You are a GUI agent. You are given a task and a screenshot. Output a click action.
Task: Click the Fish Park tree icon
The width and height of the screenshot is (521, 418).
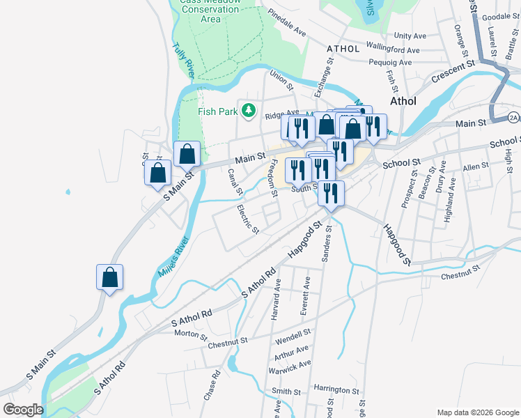pyautogui.click(x=248, y=110)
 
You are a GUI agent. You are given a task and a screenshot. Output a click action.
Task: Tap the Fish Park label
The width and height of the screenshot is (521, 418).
pyautogui.click(x=217, y=111)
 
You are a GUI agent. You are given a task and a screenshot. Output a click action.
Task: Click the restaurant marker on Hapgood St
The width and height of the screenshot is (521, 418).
pyautogui.click(x=331, y=193)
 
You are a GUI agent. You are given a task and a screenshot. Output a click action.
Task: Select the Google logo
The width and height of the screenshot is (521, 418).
pyautogui.click(x=23, y=410)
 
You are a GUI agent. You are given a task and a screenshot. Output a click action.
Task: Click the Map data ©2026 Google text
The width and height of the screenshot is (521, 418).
pyautogui.click(x=477, y=412)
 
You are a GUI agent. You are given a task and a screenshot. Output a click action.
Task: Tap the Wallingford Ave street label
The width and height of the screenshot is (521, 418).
pyautogui.click(x=394, y=50)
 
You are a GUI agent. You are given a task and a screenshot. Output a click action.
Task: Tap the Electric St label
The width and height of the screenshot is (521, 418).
pyautogui.click(x=248, y=219)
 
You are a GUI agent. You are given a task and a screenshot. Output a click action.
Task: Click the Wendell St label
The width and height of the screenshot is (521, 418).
pyautogui.click(x=292, y=339)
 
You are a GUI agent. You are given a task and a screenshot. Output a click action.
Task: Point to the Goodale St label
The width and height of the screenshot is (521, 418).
pyautogui.click(x=497, y=17)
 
